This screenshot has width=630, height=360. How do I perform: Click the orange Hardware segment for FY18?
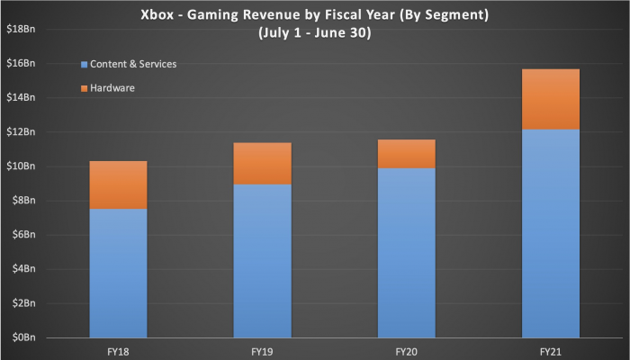[117, 184]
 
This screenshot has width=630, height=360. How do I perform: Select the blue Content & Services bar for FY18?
[117, 273]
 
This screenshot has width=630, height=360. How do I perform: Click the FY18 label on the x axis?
[117, 349]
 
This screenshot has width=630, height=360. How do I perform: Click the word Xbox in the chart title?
[157, 14]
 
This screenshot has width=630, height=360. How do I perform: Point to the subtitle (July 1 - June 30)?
[315, 32]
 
